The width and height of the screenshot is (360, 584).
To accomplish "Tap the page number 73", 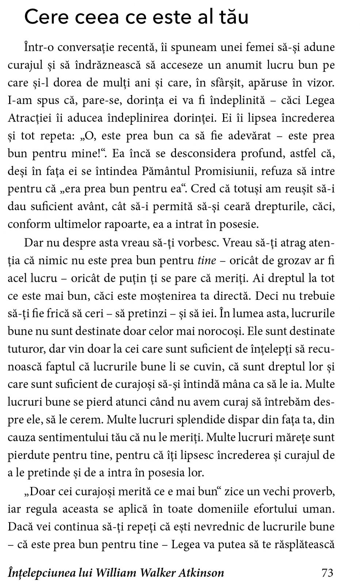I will point(327,573).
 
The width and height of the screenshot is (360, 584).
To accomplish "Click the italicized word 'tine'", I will point(207,261).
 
